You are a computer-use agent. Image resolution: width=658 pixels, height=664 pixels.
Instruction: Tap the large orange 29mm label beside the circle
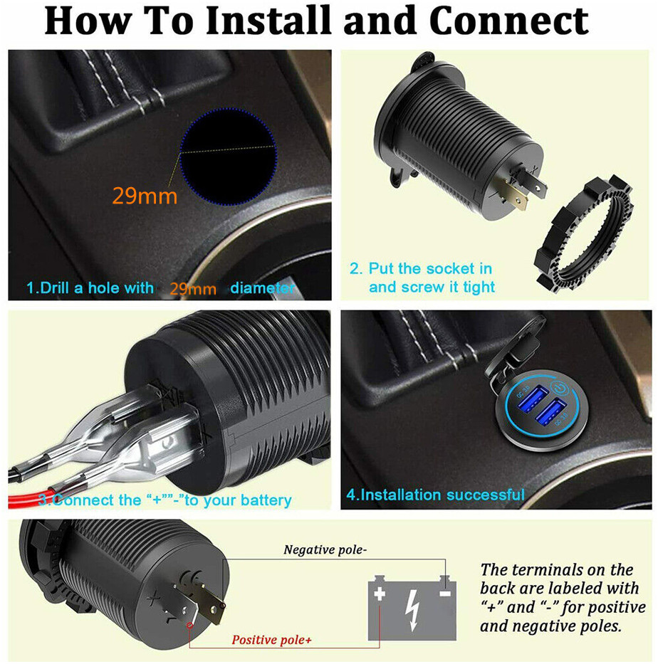(145, 196)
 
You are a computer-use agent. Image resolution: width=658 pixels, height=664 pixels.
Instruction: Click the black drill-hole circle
(227, 154)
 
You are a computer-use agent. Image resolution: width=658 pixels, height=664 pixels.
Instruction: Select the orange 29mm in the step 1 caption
(192, 289)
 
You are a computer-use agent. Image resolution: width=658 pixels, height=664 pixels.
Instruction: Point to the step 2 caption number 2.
(355, 269)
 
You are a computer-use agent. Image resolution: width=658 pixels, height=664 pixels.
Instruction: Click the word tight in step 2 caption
(478, 288)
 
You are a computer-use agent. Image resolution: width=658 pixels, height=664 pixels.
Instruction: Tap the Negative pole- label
(325, 549)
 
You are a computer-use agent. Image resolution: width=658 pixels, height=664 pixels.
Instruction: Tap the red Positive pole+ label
(271, 640)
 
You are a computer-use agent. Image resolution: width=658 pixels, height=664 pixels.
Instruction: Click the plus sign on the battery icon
(380, 594)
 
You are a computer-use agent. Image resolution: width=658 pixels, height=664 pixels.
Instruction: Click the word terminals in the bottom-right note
(557, 570)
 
